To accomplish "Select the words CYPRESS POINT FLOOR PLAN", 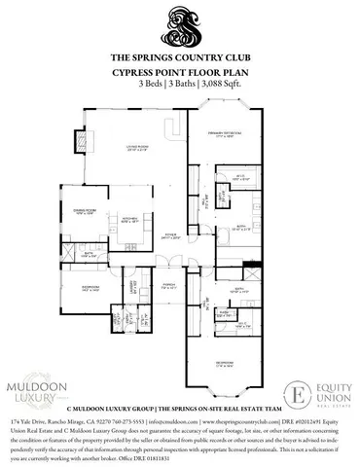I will pyautogui.click(x=180, y=72).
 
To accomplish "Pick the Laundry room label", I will pyautogui.click(x=133, y=285).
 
